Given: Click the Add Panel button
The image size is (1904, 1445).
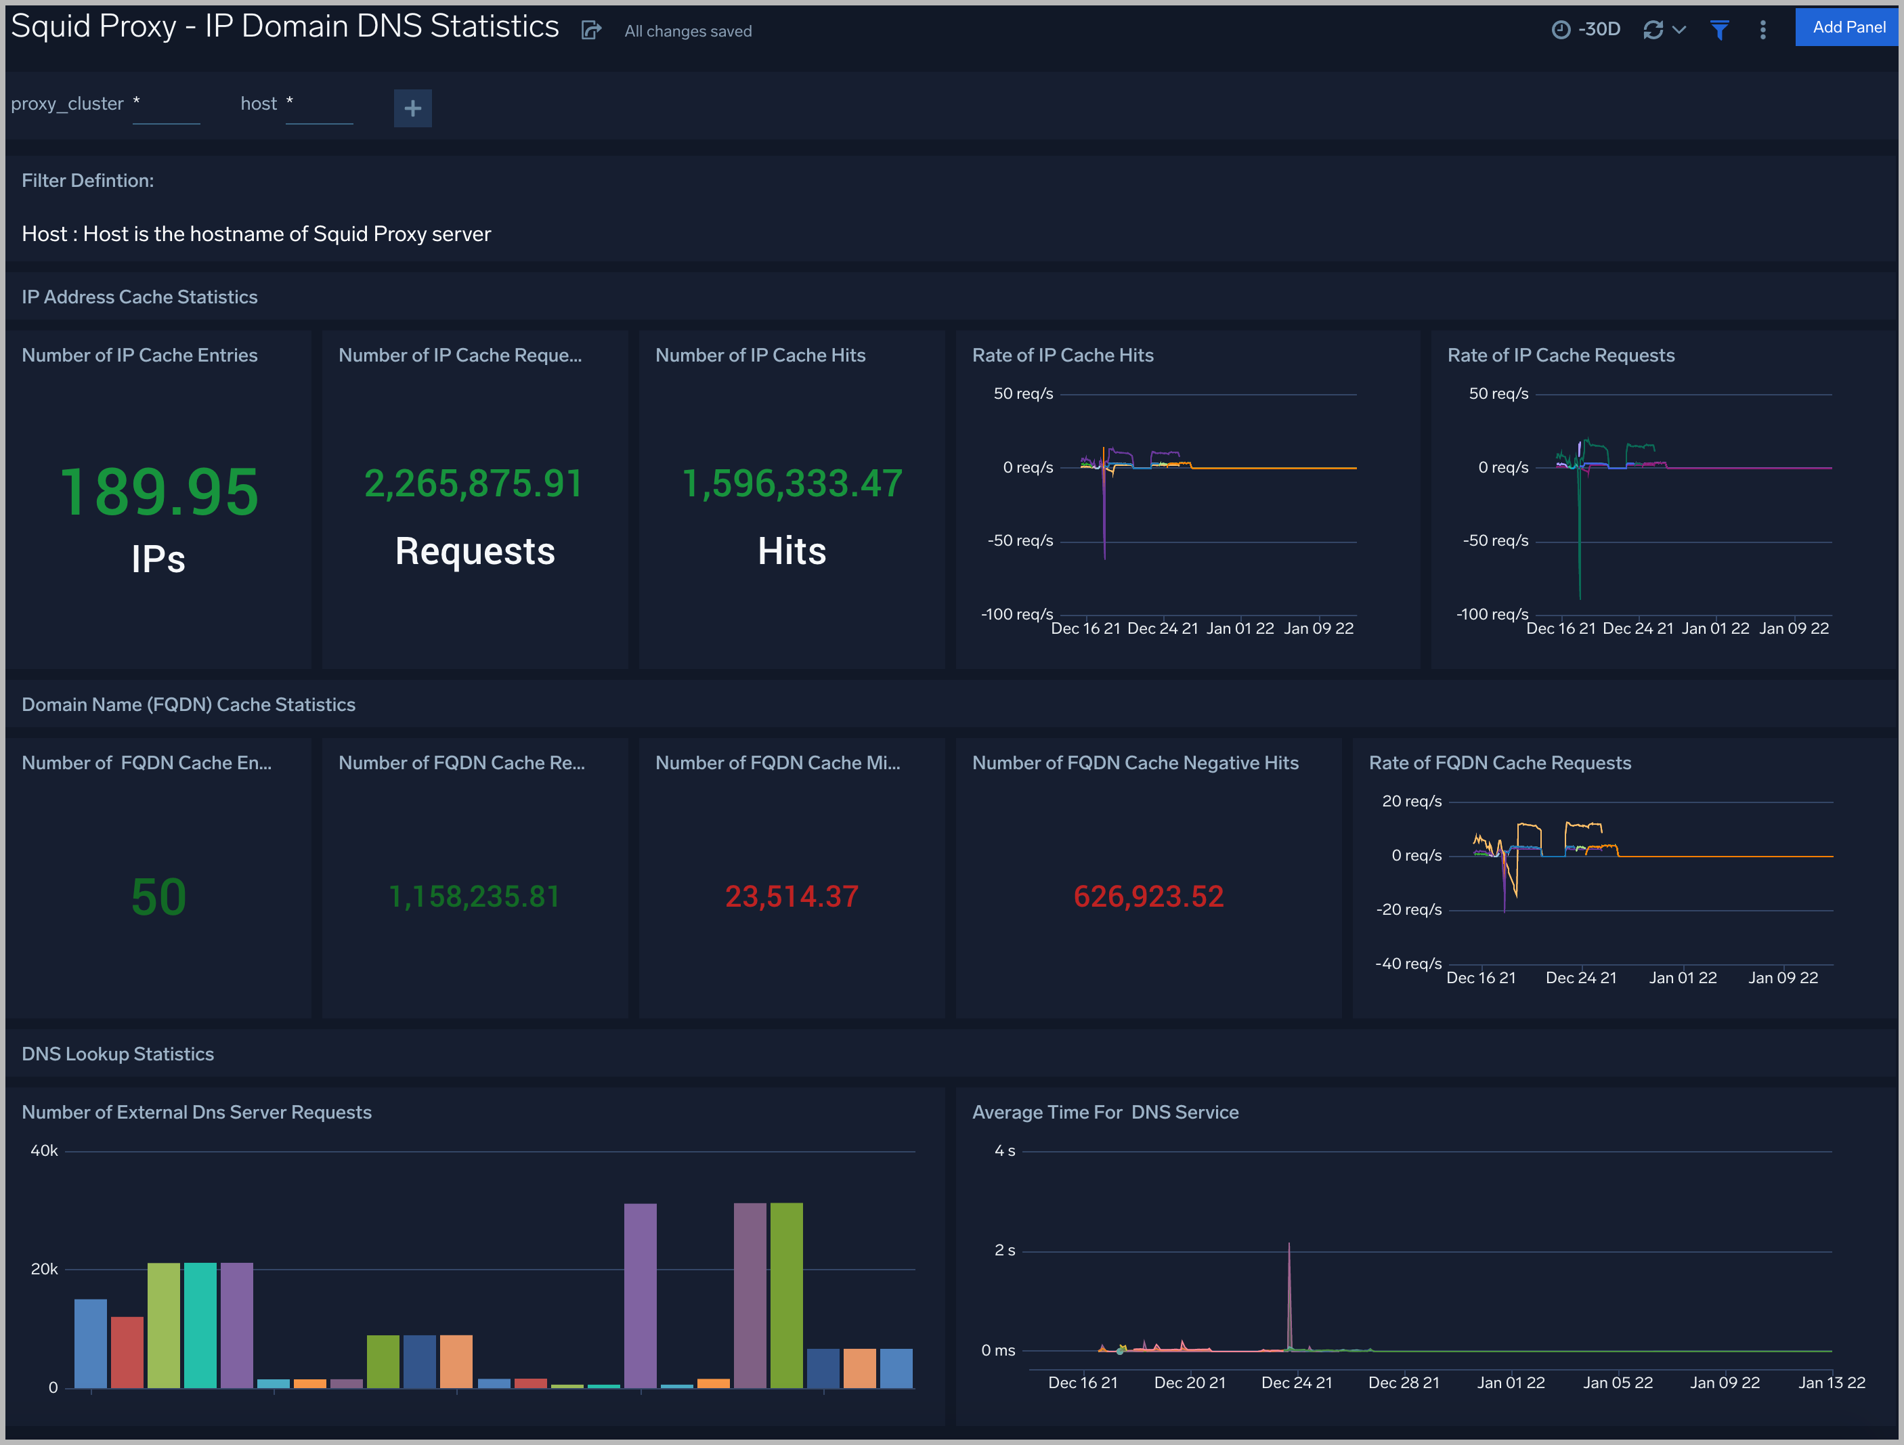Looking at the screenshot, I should pos(1848,28).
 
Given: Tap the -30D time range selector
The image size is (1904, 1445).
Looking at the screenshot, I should pos(1586,30).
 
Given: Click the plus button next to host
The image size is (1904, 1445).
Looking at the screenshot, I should pos(412,108).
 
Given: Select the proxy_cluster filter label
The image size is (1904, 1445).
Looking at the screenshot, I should pos(67,104).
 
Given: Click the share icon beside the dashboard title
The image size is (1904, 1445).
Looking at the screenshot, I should pos(590,31).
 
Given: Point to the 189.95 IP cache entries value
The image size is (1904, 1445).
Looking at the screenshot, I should pos(159,492).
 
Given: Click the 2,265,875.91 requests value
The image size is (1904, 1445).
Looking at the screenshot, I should pos(473,483).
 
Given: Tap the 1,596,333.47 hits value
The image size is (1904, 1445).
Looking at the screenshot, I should pos(792,483).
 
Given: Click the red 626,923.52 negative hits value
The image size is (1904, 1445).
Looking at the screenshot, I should pos(1148,897).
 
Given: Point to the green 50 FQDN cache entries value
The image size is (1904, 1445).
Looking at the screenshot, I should pos(159,897).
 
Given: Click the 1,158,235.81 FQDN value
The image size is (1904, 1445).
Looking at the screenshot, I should pos(473,897).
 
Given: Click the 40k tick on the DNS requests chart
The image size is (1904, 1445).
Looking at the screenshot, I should pos(44,1150).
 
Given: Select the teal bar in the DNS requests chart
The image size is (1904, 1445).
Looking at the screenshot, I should pos(200,1325).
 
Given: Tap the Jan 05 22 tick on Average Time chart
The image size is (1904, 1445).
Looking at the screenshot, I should pos(1618,1383).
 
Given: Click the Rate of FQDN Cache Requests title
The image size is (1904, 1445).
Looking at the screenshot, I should pos(1500,763).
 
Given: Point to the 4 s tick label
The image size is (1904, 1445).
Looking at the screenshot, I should pos(1005,1150).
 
